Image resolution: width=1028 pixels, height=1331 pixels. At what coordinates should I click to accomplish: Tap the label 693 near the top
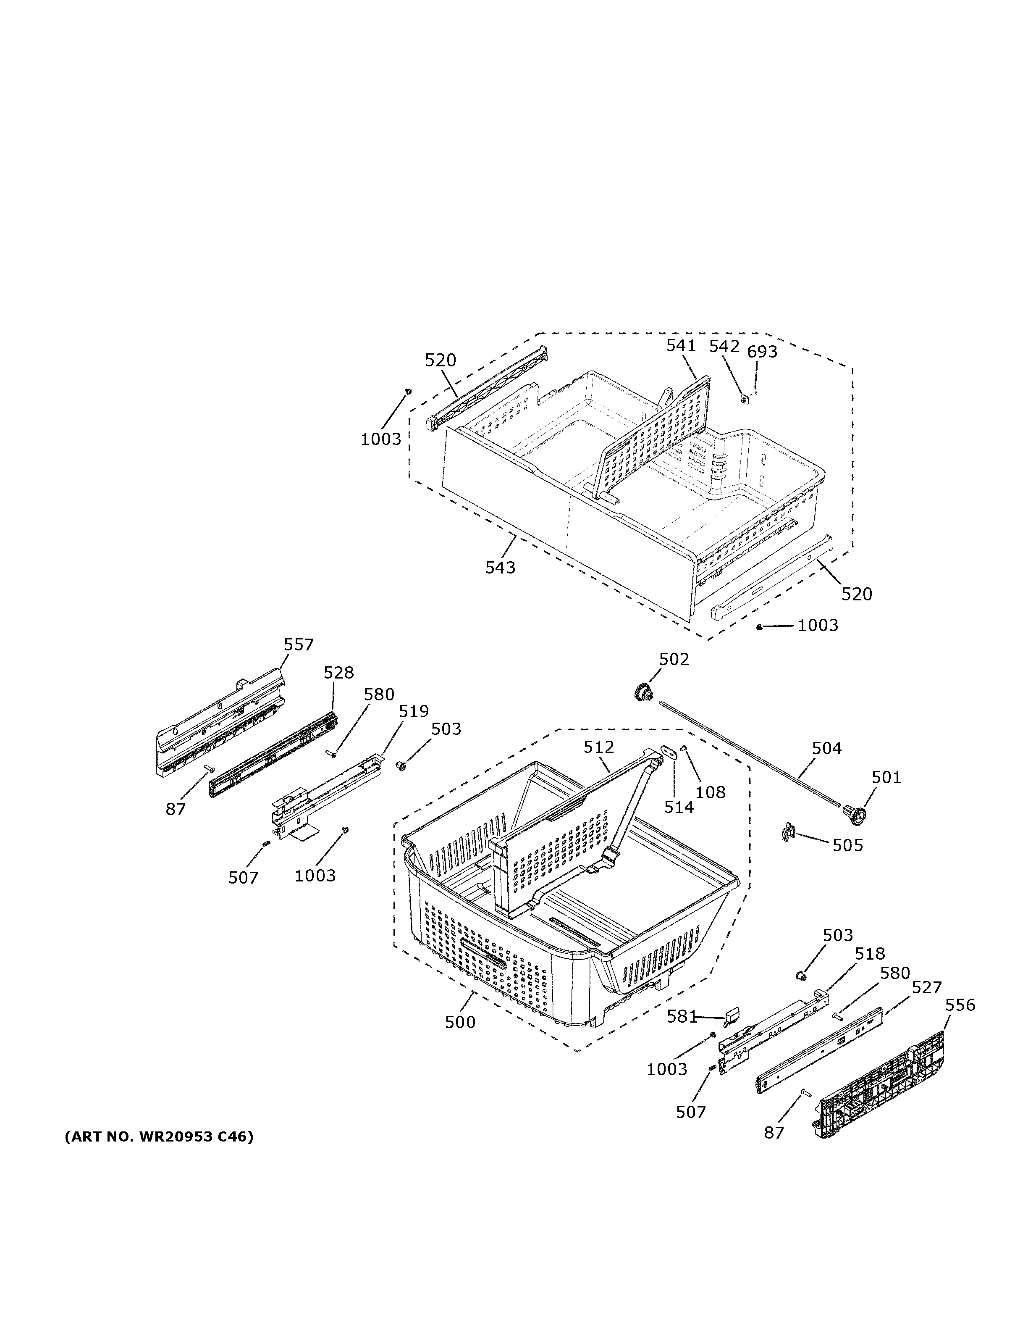(762, 352)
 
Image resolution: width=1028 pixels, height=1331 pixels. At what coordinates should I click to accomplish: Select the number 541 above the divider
(680, 345)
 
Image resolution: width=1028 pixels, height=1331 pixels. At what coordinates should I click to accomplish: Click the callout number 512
(599, 747)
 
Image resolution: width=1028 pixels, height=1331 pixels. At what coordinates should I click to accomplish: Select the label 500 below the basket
(460, 1022)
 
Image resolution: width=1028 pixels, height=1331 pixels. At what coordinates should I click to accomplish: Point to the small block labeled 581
(731, 1014)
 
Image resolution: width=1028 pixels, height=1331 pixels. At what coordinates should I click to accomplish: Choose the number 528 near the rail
(338, 672)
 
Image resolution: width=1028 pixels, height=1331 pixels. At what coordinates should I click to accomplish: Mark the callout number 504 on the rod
(826, 748)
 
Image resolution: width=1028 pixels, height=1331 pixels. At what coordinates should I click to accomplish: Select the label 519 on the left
(414, 711)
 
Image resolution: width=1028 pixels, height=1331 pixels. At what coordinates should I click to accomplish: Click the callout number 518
(870, 953)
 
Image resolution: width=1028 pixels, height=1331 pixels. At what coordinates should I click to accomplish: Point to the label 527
(926, 987)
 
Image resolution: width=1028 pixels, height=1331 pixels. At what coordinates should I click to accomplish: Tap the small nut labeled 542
(744, 399)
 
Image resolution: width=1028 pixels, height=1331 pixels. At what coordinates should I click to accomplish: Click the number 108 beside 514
(710, 792)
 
